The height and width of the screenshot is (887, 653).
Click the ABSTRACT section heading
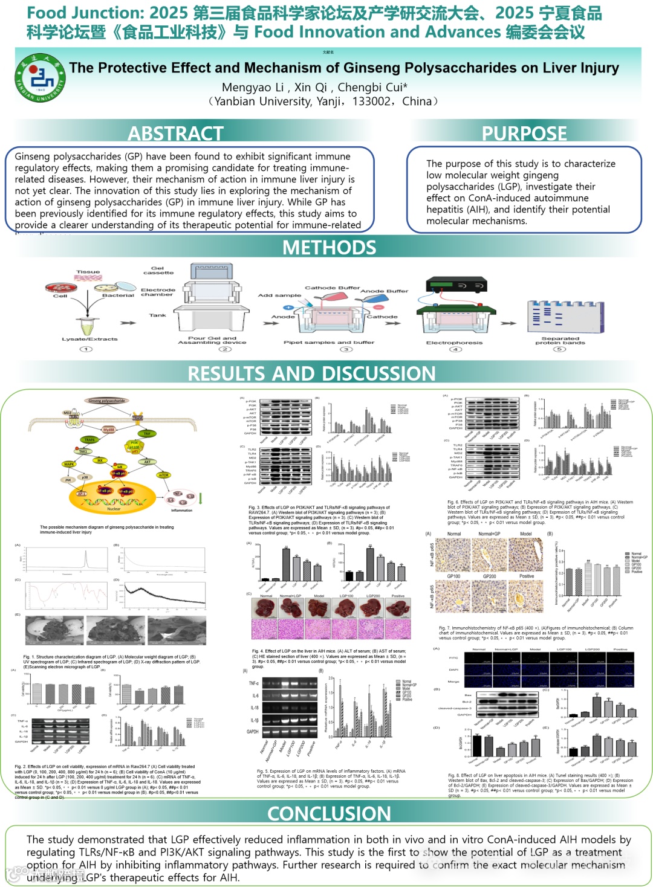pos(175,133)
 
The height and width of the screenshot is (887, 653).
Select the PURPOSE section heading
pos(524,133)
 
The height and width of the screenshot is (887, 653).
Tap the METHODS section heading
pos(329,247)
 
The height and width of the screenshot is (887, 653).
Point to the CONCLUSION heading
pos(329,813)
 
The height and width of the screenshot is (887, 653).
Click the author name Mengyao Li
pos(253,87)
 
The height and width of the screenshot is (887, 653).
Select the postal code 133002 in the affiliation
pos(371,102)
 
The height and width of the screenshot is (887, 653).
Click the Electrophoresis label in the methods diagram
pos(454,343)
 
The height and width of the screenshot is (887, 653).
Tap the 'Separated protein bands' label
pos(560,341)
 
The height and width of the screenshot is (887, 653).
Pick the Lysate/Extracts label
pos(89,339)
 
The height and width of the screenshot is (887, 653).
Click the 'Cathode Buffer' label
pos(332,288)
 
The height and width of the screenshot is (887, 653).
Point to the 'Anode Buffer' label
pos(385,291)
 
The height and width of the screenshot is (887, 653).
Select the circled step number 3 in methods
pos(346,349)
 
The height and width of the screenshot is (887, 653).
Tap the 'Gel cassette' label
pos(158,270)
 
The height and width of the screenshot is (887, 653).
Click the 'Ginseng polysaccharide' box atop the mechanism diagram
pos(107,401)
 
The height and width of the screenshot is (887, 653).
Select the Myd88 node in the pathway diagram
pos(109,430)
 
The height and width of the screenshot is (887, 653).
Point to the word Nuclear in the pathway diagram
pos(114,509)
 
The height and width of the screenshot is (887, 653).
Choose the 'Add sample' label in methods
pos(279,295)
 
